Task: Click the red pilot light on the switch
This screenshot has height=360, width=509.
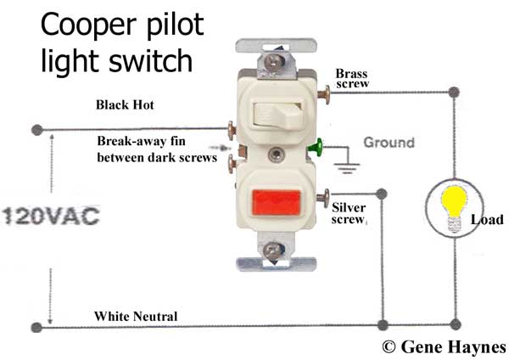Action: point(277,203)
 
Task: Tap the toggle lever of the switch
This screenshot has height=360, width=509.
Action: point(277,115)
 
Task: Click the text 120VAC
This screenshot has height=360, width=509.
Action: point(51,216)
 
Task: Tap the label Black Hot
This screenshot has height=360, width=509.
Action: point(125,105)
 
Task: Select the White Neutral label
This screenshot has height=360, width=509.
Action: point(136,316)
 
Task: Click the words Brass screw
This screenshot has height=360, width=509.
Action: point(352,78)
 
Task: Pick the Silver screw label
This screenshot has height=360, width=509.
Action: point(349,213)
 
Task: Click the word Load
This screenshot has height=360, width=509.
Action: point(487,220)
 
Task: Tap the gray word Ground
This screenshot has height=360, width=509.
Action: point(389,143)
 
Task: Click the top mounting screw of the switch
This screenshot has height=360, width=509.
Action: point(272,62)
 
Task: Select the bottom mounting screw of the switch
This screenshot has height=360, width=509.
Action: point(273,250)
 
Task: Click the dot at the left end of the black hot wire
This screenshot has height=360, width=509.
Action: point(37,130)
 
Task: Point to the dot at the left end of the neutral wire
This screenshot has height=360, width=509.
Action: point(36,327)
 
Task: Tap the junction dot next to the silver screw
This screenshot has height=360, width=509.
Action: point(381,194)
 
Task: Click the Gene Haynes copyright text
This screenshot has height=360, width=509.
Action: point(444,346)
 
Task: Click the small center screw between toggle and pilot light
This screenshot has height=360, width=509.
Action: point(276,154)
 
